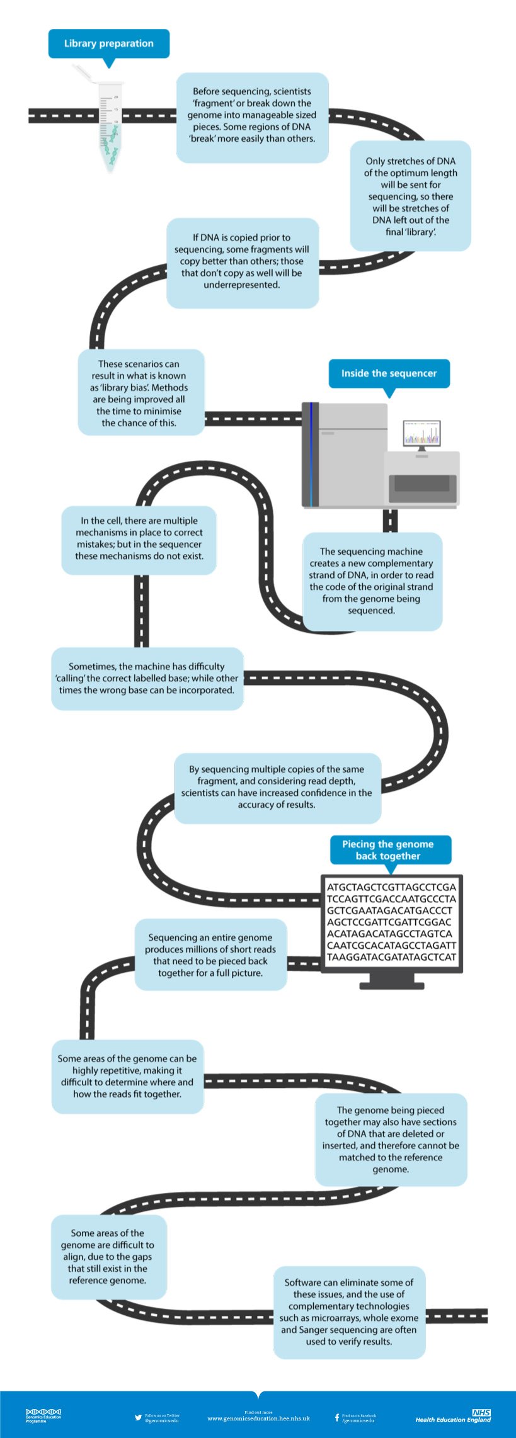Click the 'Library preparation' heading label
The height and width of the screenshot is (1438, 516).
tap(108, 43)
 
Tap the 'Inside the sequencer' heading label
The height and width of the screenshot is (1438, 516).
tap(389, 373)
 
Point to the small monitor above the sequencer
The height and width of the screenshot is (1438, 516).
tap(421, 433)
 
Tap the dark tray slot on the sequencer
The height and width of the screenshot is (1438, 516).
tap(422, 484)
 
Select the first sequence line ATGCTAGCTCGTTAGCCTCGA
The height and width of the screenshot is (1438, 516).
tap(391, 887)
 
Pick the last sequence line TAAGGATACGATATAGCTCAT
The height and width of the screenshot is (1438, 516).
tap(391, 957)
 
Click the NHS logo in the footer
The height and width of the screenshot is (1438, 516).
tap(481, 1412)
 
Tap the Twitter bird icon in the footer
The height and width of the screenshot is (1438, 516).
tap(138, 1417)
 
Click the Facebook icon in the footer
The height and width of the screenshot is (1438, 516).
tap(336, 1417)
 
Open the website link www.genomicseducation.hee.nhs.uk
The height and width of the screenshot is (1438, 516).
tap(258, 1418)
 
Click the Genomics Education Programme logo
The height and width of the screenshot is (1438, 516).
tap(43, 1415)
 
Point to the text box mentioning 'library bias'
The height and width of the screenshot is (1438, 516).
tap(140, 393)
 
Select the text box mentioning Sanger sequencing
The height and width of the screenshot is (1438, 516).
tap(349, 1312)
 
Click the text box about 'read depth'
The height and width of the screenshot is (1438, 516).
tap(277, 787)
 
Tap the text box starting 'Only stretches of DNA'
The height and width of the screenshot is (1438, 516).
tap(410, 196)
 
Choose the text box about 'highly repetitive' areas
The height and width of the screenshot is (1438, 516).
tap(127, 1076)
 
